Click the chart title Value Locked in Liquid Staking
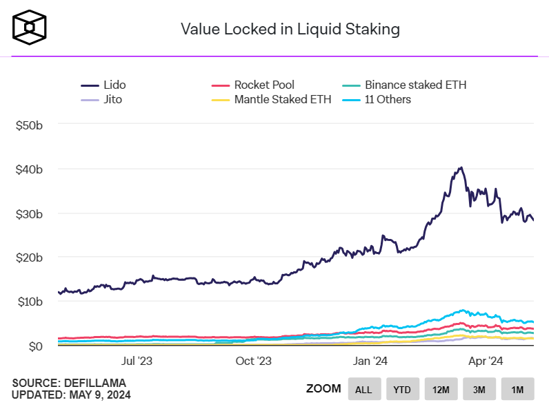[x=290, y=29]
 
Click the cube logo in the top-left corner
[x=30, y=28]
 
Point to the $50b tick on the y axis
[x=30, y=125]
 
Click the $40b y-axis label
[x=30, y=169]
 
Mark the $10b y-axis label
[x=30, y=302]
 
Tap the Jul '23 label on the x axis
[x=137, y=360]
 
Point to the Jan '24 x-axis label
[x=371, y=360]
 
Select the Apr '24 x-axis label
[x=486, y=360]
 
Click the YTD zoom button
[x=402, y=390]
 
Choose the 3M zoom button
[x=479, y=390]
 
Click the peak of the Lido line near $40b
[x=460, y=167]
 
